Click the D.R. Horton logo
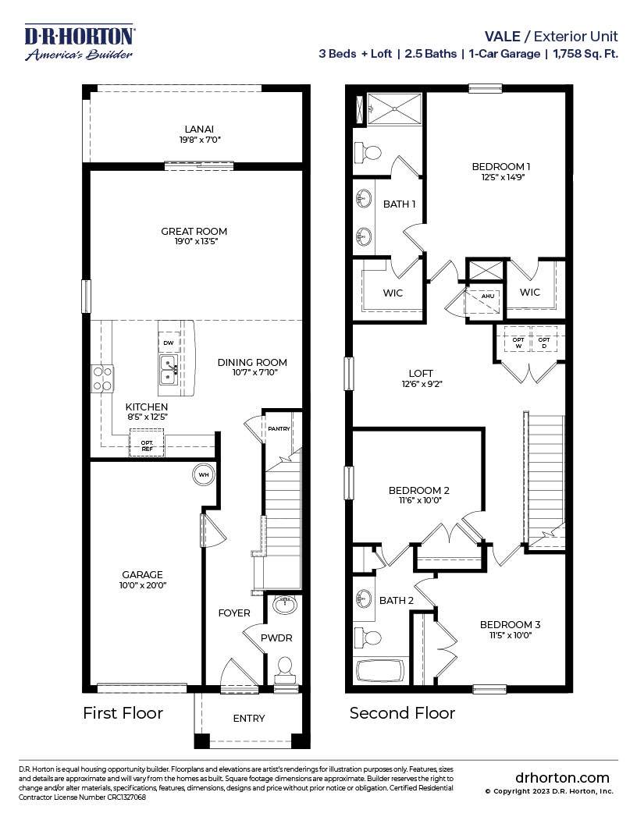[80, 42]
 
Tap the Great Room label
[194, 231]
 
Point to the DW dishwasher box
[168, 343]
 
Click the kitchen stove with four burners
[103, 378]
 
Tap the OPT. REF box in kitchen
[146, 445]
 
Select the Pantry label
[279, 428]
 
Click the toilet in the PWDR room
[286, 668]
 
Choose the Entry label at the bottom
[249, 718]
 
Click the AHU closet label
[487, 297]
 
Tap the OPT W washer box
[518, 341]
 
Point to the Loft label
[421, 373]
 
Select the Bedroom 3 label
[510, 624]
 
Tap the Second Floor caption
[402, 712]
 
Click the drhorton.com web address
[562, 777]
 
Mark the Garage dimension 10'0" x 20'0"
[142, 584]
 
